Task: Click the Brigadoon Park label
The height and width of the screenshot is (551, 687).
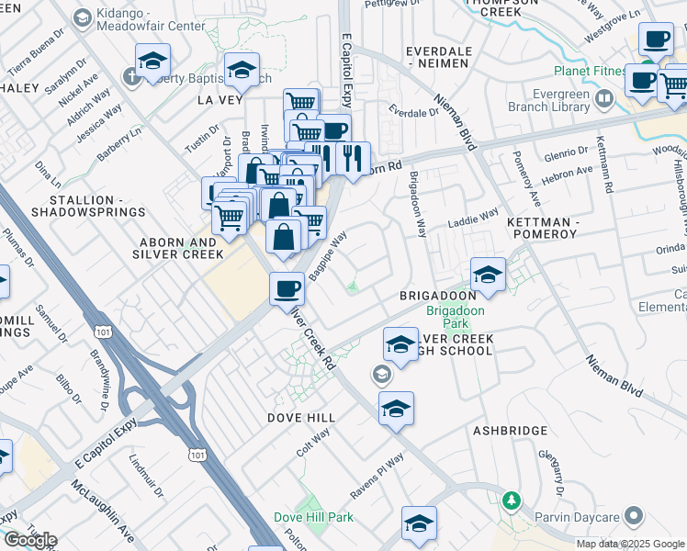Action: [x=447, y=318]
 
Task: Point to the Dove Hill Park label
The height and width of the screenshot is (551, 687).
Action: [x=313, y=518]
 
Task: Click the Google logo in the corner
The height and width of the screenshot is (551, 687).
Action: [x=29, y=539]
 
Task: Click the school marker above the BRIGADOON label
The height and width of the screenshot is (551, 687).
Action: [x=488, y=274]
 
